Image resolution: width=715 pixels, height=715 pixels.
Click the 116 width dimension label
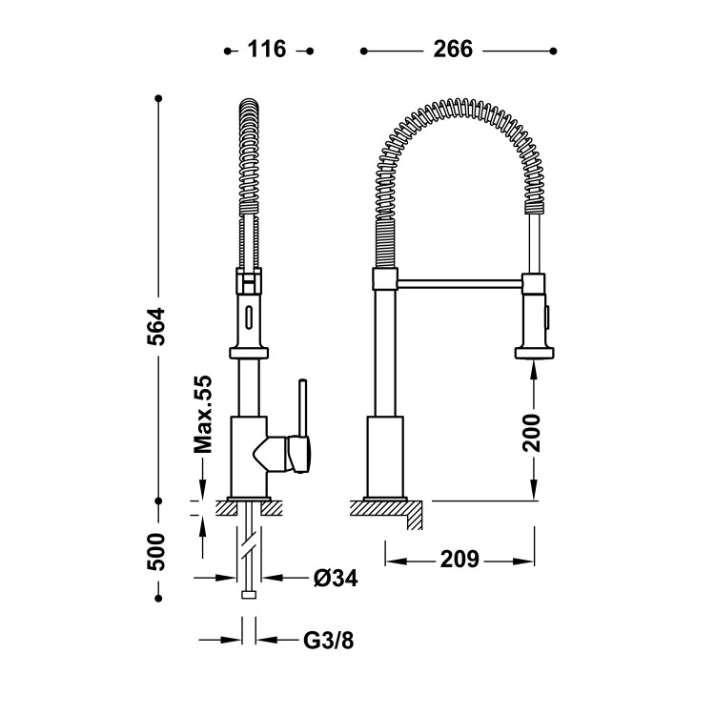[267, 50]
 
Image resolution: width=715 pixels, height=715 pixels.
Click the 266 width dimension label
[453, 50]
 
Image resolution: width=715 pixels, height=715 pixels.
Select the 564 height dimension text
[156, 326]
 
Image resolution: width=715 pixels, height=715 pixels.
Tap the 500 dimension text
[156, 551]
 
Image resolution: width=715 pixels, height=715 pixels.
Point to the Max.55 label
[203, 414]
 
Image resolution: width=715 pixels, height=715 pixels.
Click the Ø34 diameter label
[336, 579]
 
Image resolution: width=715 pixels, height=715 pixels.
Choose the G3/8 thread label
[328, 641]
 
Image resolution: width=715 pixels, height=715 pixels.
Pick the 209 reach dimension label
[460, 559]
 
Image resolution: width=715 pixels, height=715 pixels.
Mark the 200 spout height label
[532, 433]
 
